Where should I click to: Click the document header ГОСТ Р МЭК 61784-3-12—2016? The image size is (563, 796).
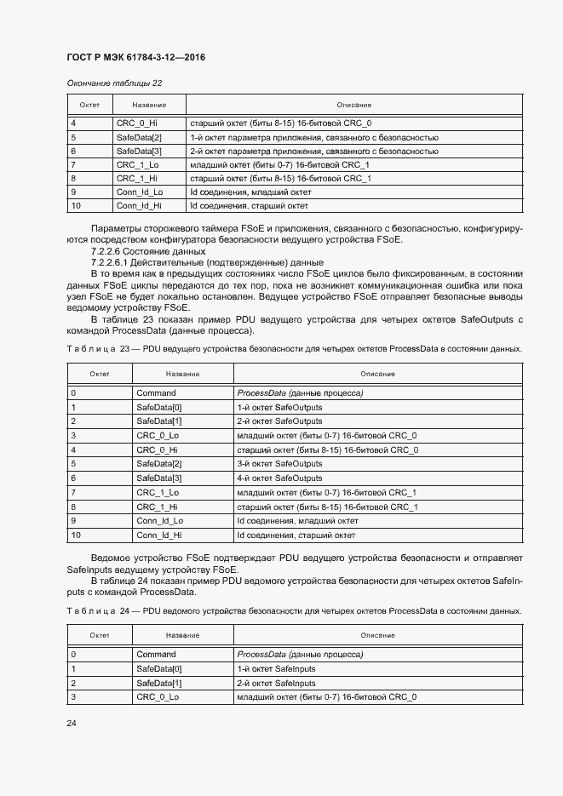pos(136,58)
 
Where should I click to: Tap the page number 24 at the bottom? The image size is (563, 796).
pos(72,723)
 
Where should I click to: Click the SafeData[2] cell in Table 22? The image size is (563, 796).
pos(139,137)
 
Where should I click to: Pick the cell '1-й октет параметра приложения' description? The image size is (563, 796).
pos(313,137)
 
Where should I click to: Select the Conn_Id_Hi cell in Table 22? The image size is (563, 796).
pos(139,206)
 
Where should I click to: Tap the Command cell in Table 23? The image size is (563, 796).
pos(156,393)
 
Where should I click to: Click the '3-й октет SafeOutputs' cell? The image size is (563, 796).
pos(279,464)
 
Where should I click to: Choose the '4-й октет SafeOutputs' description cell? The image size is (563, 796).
pos(279,478)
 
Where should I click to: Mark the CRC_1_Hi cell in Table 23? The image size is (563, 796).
pos(158,507)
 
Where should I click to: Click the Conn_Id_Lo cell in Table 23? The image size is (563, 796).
pos(159,521)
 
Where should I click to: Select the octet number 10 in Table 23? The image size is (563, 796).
pos(75,535)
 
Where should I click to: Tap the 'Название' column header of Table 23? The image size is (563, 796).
pos(182,374)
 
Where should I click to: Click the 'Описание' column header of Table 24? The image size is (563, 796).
pos(377,635)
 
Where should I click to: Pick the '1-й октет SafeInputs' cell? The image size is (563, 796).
pos(277,669)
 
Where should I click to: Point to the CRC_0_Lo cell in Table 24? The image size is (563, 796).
pos(158,697)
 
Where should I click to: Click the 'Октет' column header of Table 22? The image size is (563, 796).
pos(89,105)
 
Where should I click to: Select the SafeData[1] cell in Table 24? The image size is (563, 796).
pos(159,684)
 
